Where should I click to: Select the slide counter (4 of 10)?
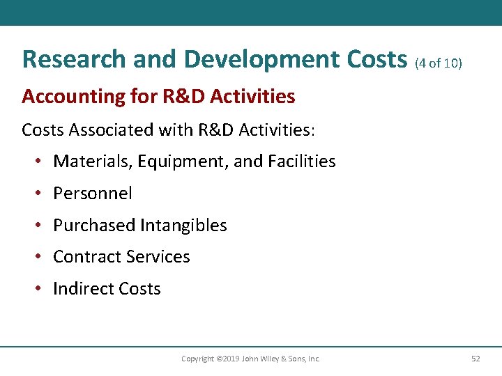[x=438, y=63]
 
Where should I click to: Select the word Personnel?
[x=93, y=194]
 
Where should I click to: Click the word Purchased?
[x=94, y=226]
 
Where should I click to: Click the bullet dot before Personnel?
[x=38, y=194]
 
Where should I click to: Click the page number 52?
[x=476, y=359]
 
